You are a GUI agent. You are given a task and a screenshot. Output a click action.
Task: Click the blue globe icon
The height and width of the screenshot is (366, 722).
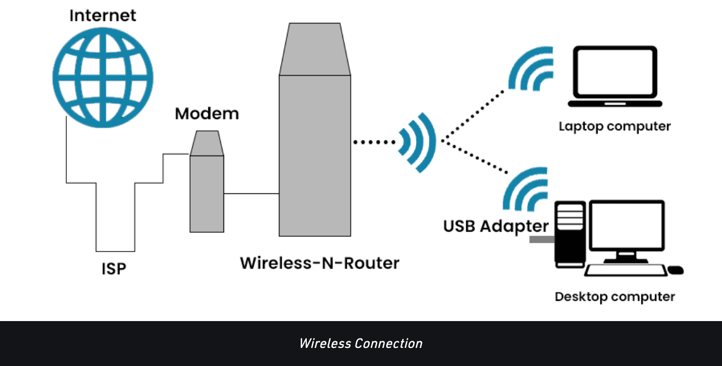click(x=103, y=76)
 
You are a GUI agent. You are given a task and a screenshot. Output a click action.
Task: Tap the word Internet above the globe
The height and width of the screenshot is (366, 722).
click(x=103, y=15)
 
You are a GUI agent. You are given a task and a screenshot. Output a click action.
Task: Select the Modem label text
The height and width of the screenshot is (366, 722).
click(x=207, y=114)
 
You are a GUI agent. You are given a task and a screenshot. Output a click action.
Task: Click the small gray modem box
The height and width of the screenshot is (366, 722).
click(x=207, y=186)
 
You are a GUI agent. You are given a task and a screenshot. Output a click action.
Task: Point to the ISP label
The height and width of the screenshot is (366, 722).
click(x=114, y=268)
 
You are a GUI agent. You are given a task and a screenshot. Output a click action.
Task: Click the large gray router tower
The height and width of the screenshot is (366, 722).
click(x=314, y=148)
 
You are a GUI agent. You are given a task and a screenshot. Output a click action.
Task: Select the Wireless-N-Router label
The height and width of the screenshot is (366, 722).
click(x=320, y=263)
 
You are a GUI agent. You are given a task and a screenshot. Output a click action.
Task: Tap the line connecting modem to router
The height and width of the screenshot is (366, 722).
click(x=251, y=193)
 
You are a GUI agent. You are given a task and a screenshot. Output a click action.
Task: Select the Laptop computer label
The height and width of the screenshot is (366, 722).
click(x=615, y=127)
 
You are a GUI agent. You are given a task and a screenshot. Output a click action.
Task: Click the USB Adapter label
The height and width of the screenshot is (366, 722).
click(x=496, y=226)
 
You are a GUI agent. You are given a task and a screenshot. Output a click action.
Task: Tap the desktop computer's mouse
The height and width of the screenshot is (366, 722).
click(x=676, y=270)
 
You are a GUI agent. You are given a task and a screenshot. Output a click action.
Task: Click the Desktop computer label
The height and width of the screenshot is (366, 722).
click(x=615, y=297)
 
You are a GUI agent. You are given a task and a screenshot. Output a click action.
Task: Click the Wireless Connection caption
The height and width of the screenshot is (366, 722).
click(x=361, y=344)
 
